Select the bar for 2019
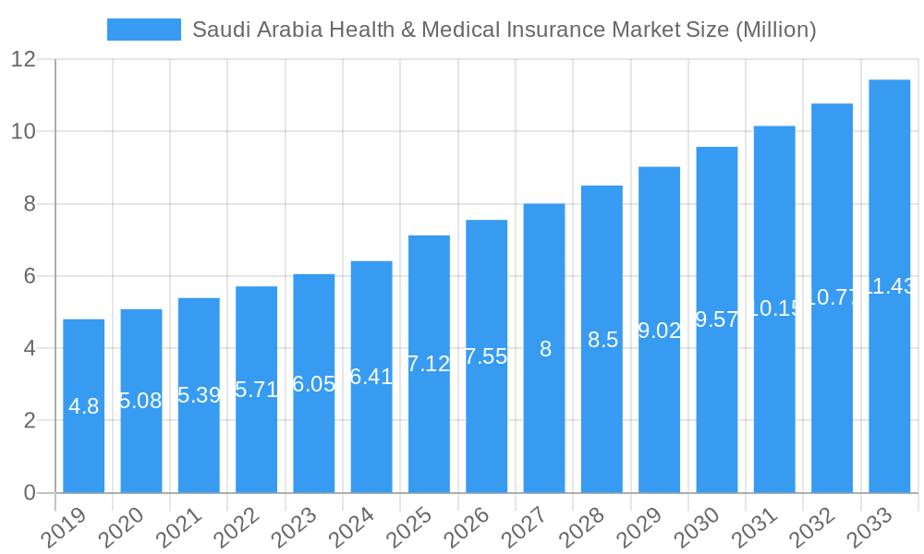[83, 406]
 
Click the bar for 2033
[889, 286]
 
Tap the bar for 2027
[544, 348]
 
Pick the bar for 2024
[371, 377]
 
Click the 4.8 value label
[83, 406]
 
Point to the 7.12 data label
[429, 364]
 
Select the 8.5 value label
[602, 340]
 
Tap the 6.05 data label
[314, 384]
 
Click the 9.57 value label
[717, 319]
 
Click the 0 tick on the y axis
[30, 493]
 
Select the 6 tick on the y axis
[30, 276]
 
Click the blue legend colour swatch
[143, 30]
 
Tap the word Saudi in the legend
[218, 30]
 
